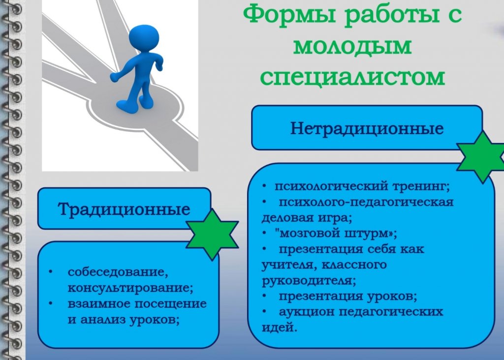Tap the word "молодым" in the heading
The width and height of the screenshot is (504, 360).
click(352, 46)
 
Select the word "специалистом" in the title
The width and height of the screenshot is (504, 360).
click(352, 77)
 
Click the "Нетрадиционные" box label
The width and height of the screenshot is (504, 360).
click(367, 128)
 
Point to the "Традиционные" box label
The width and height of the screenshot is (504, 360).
click(124, 209)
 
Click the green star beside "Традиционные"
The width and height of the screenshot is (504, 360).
click(212, 234)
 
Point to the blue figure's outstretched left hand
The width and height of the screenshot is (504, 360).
click(115, 77)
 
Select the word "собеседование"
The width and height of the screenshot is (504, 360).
click(118, 272)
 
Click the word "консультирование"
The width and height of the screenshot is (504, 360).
click(130, 288)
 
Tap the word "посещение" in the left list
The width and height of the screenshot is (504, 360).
click(170, 304)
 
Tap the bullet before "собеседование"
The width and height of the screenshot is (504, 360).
click(50, 272)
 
